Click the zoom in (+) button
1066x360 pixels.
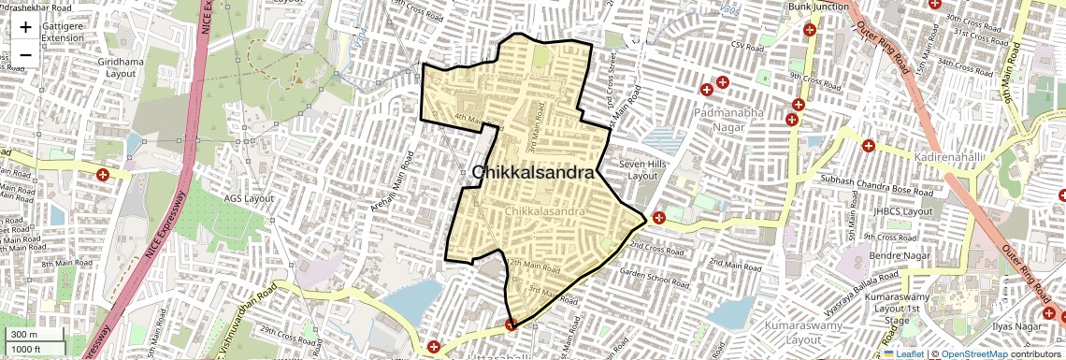point(25,27)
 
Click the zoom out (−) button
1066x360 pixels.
point(25,54)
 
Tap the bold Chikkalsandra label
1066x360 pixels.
point(533,173)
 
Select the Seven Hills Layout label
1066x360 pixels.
point(642,169)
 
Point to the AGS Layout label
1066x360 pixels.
point(249,198)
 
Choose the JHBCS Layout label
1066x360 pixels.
point(903,211)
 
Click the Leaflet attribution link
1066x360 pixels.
point(903,353)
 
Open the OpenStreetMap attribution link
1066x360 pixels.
point(973,353)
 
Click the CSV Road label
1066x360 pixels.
point(748,45)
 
